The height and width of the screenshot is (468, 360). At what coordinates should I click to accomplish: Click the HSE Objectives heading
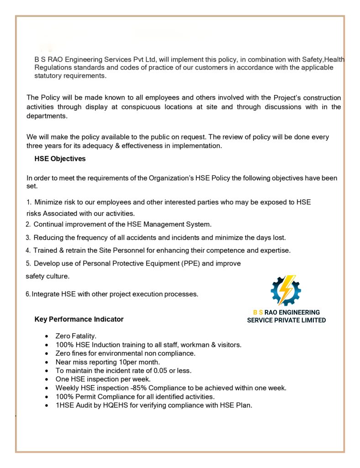60,159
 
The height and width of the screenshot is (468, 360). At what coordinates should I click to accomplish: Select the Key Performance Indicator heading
79,319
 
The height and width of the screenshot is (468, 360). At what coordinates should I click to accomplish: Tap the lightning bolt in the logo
287,290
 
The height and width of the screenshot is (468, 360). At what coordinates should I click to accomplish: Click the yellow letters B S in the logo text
258,312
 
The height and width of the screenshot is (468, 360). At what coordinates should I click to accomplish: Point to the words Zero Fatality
76,336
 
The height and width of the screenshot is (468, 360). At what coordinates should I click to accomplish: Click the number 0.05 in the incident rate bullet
157,370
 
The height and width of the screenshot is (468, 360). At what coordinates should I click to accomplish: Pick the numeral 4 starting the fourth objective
28,250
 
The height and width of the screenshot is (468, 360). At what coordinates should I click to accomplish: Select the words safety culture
48,276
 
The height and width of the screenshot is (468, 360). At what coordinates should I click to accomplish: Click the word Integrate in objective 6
45,294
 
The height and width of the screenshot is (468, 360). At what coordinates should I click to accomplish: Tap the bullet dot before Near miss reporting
47,362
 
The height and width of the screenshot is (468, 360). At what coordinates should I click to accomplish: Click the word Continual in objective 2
49,224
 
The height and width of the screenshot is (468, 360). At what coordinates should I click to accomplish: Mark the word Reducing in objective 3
48,237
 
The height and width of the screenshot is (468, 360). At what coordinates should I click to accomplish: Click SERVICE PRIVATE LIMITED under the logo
286,320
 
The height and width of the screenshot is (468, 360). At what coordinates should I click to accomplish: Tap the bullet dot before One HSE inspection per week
47,379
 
